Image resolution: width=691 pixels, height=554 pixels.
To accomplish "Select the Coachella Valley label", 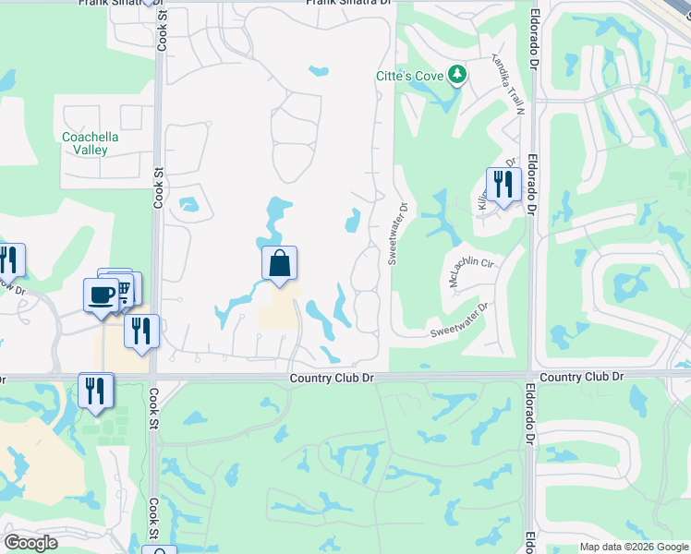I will [85, 143].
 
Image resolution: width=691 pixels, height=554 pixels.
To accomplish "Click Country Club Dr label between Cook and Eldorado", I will [331, 379].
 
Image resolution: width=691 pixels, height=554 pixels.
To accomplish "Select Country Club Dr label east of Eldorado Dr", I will [581, 378].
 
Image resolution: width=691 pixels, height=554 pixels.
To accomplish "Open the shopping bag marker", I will [279, 264].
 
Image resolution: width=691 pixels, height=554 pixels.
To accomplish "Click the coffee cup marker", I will [101, 295].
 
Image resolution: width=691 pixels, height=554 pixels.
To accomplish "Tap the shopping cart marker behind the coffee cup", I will [123, 288].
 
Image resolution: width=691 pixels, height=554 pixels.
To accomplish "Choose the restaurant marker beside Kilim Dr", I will [503, 184].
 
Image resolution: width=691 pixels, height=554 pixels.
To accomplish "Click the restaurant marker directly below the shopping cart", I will [141, 331].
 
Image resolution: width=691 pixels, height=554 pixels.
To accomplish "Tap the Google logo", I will [30, 543].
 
